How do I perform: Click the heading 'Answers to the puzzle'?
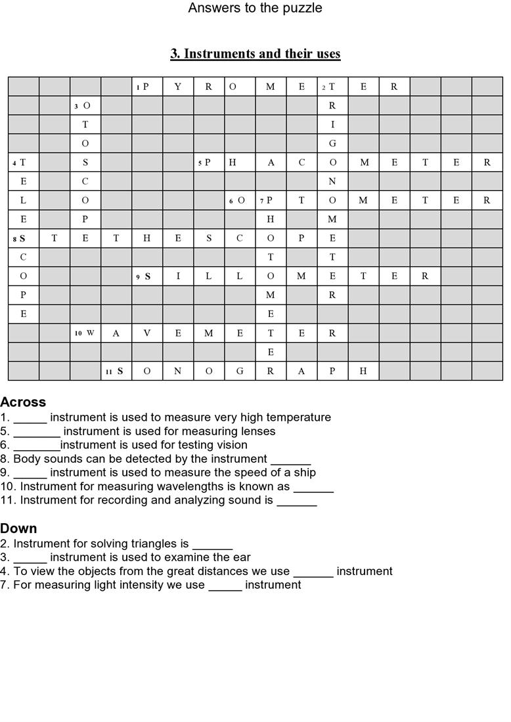[x=255, y=8]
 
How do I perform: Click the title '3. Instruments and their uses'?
[x=255, y=54]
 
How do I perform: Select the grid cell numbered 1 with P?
[x=147, y=87]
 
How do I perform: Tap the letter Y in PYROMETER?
[x=178, y=87]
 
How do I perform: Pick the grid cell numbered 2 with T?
[x=332, y=87]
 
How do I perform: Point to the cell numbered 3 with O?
[x=85, y=106]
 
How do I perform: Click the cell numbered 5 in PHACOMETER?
[x=208, y=163]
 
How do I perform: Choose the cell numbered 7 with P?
[x=270, y=201]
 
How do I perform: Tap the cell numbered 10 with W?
[x=85, y=333]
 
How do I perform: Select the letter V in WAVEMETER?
[x=147, y=333]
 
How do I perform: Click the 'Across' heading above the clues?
[x=23, y=402]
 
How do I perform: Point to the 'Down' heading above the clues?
[x=18, y=528]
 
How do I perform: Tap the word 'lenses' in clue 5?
[x=259, y=431]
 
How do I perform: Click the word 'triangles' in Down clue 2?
[x=161, y=543]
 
